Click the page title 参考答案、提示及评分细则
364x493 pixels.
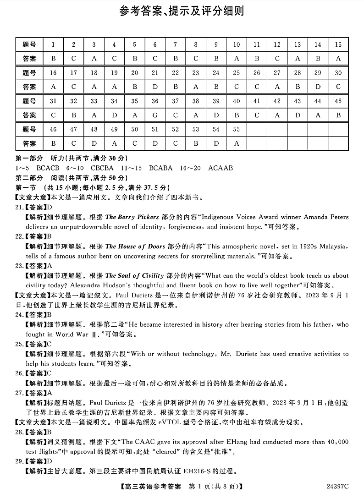[x=182, y=11]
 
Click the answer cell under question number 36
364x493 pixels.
[x=155, y=115]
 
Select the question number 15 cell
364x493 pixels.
[x=338, y=44]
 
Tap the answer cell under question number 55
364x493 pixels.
[x=237, y=143]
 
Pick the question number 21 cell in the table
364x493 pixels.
[x=155, y=73]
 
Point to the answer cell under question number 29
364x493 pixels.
[x=318, y=87]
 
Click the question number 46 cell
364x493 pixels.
[x=53, y=130]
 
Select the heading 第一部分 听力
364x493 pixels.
[x=40, y=158]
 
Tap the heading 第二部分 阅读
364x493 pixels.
[x=40, y=178]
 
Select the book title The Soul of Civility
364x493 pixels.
[x=134, y=276]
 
